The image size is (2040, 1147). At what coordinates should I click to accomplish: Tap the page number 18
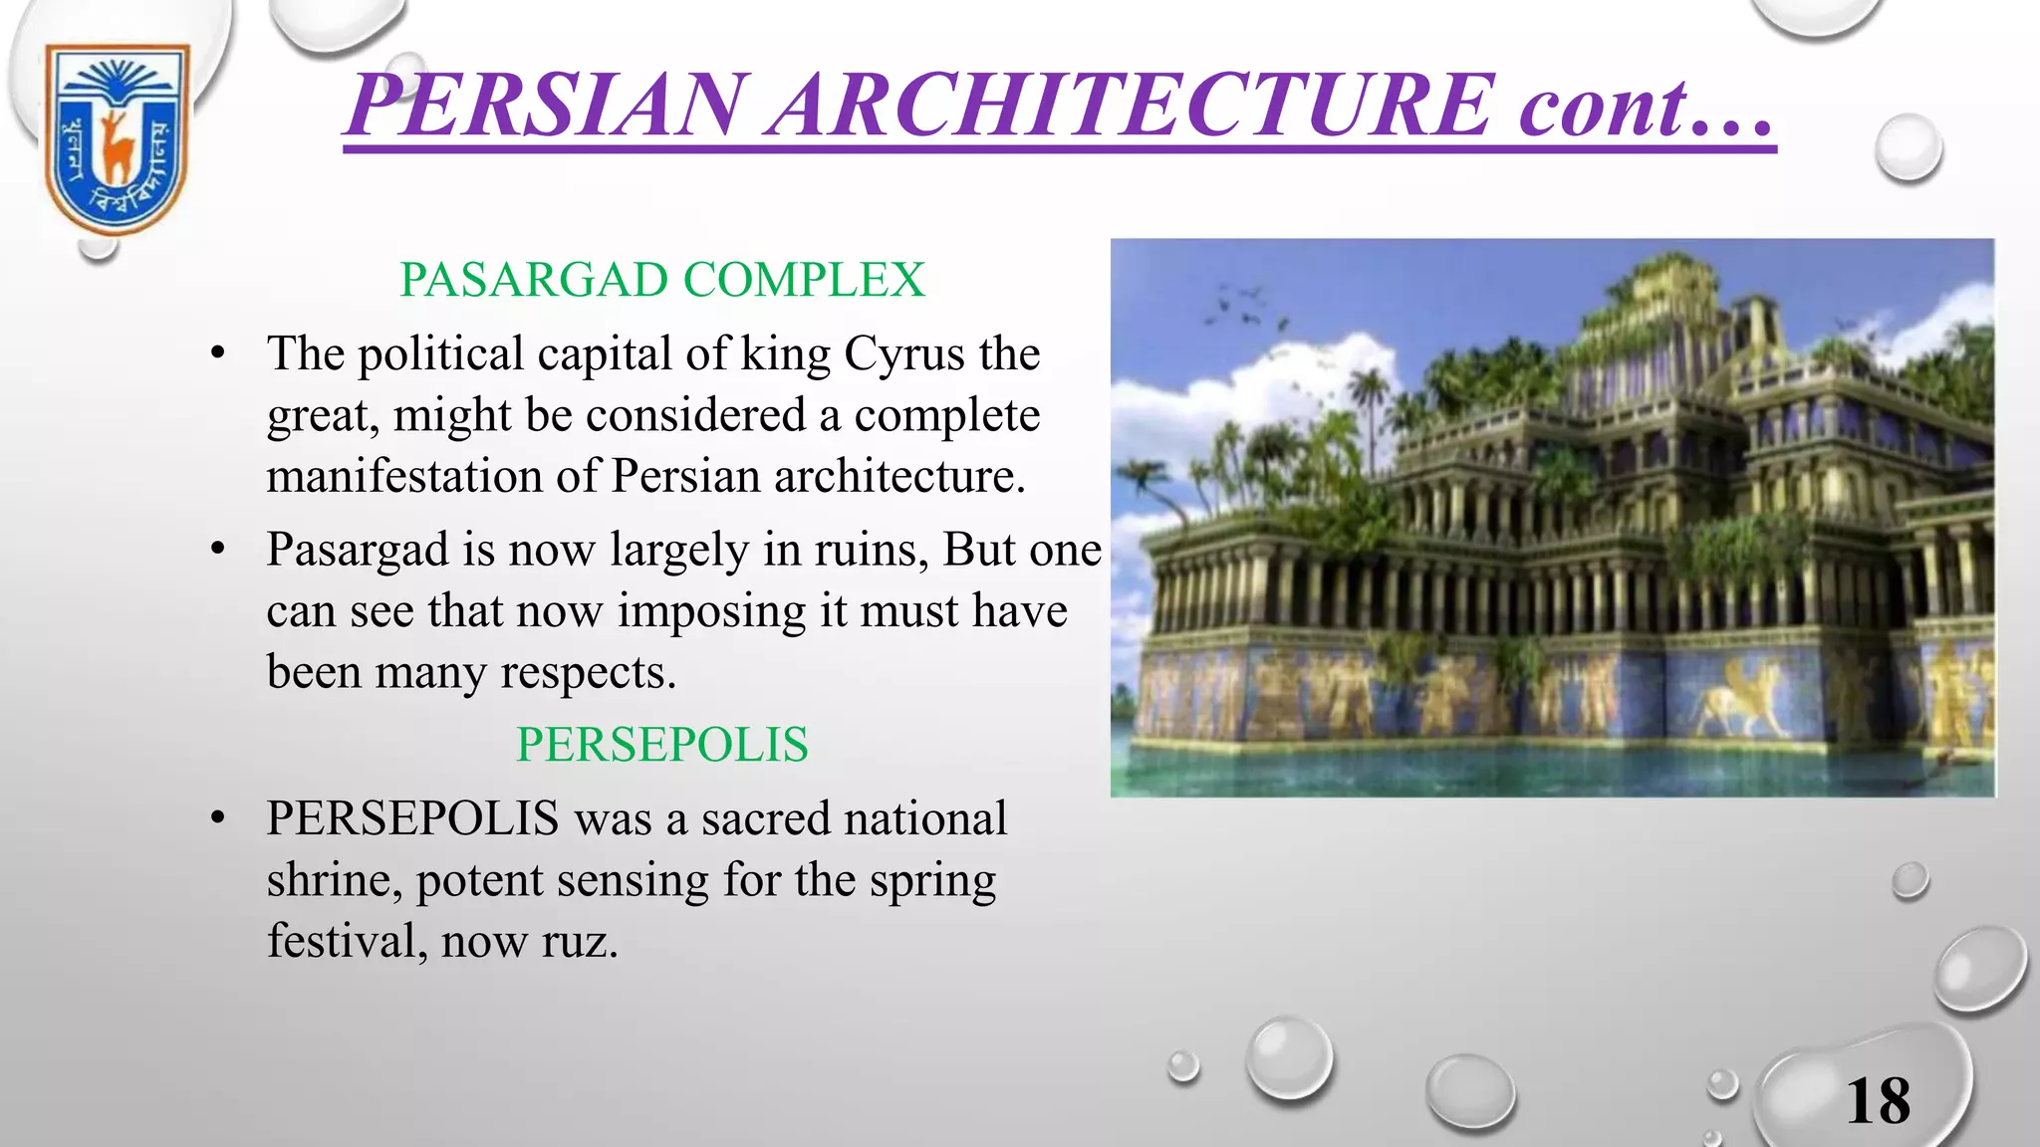pyautogui.click(x=1879, y=1101)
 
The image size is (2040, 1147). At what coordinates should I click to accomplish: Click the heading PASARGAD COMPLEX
pyautogui.click(x=662, y=280)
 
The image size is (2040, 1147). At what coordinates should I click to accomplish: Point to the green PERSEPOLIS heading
pyautogui.click(x=662, y=745)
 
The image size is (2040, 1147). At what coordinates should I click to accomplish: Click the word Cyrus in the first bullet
pyautogui.click(x=904, y=354)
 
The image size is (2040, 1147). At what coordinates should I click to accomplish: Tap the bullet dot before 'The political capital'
pyautogui.click(x=218, y=354)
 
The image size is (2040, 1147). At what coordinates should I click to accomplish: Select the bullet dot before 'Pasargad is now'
pyautogui.click(x=218, y=550)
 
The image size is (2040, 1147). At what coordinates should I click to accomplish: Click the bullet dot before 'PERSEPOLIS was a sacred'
pyautogui.click(x=218, y=819)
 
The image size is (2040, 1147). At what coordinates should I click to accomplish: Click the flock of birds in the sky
pyautogui.click(x=1241, y=307)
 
